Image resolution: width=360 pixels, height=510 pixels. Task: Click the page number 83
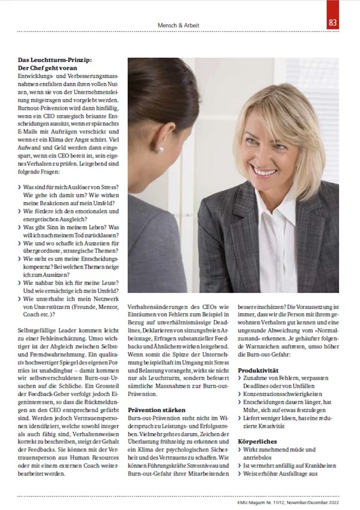pyautogui.click(x=333, y=24)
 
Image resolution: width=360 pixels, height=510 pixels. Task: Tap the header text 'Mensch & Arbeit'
pyautogui.click(x=178, y=26)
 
